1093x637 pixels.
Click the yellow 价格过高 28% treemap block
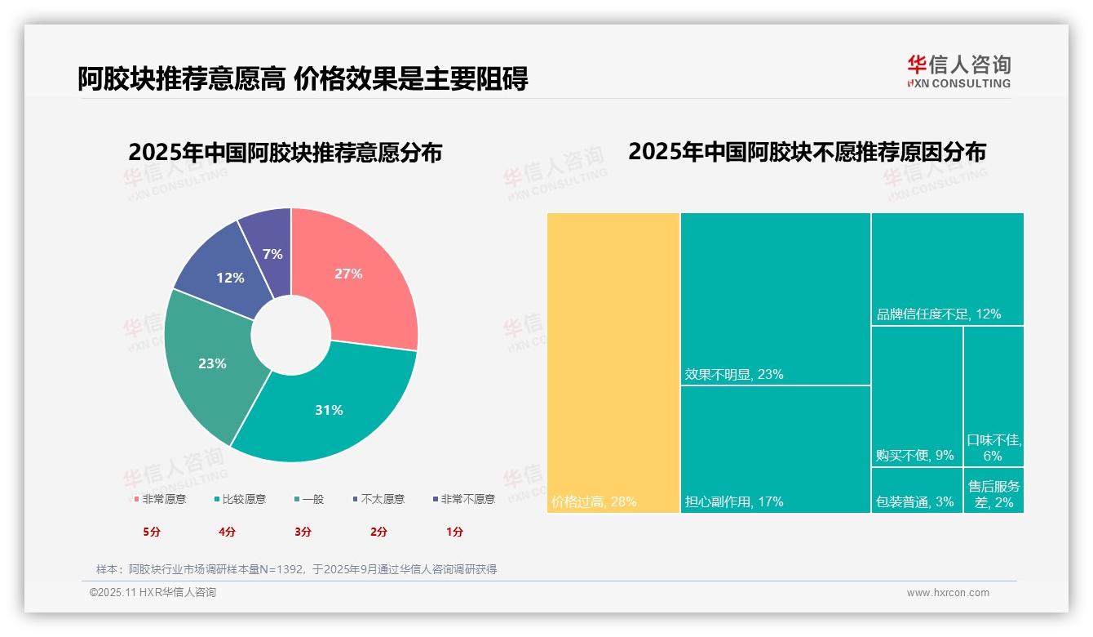(x=613, y=363)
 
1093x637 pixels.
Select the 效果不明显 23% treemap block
(x=775, y=298)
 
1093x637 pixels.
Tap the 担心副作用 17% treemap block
(x=775, y=449)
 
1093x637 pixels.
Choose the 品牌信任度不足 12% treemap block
(x=947, y=269)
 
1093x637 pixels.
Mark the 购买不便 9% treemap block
(x=917, y=396)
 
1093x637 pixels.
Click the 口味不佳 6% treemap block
(x=993, y=396)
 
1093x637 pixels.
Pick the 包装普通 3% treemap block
(x=917, y=490)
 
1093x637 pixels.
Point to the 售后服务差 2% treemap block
(x=993, y=490)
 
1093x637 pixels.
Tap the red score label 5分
(x=152, y=532)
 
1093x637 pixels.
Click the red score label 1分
(x=454, y=532)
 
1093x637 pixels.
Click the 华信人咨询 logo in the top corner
(x=958, y=71)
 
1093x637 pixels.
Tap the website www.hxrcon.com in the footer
(x=948, y=593)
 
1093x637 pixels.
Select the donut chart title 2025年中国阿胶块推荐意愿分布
(x=285, y=153)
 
